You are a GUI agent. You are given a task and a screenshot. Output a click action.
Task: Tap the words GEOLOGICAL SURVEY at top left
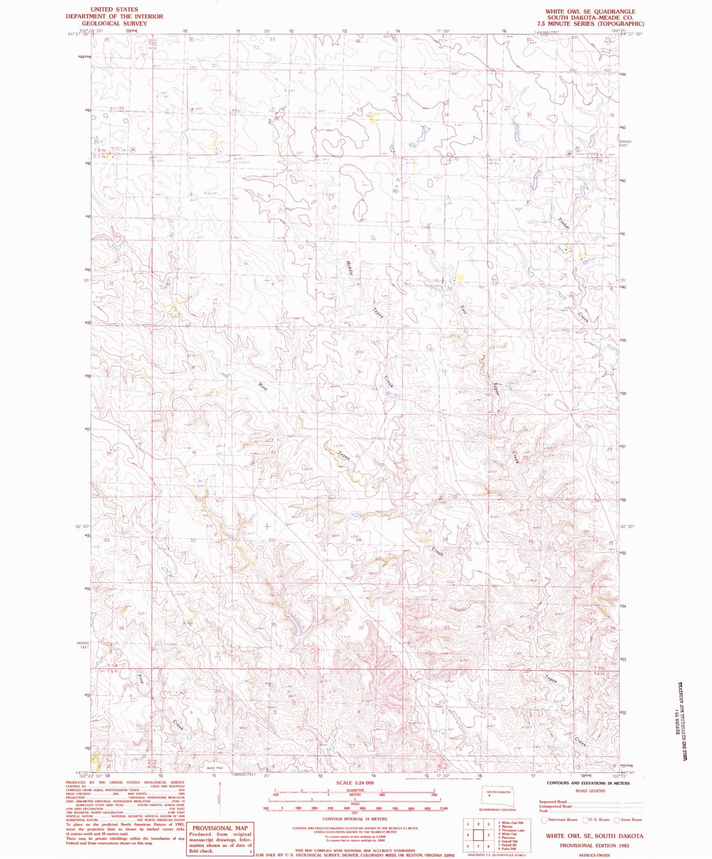114,23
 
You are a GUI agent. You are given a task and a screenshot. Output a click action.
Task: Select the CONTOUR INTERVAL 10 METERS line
354,819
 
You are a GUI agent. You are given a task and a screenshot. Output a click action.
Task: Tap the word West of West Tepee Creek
263,387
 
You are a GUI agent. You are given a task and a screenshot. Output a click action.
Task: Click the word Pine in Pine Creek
141,679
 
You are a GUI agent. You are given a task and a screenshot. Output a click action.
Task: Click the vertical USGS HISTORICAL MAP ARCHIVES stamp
682,721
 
